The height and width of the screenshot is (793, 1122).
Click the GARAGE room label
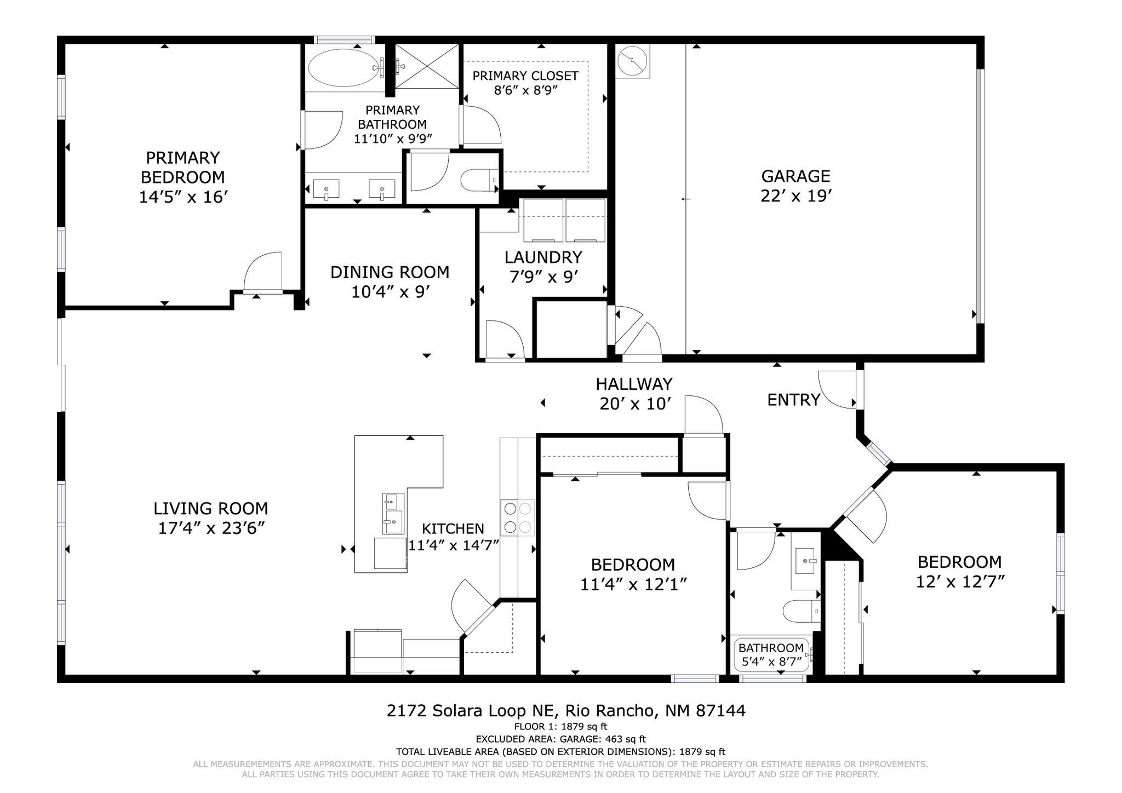pos(795,176)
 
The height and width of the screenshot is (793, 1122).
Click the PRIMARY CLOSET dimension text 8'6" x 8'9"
pos(525,90)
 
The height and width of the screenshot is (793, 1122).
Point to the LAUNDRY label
pos(543,257)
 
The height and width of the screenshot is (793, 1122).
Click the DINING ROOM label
pos(390,272)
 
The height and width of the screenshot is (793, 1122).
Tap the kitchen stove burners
pos(518,518)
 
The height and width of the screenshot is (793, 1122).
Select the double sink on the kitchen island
pos(393,513)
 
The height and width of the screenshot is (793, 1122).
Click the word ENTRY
pos(793,400)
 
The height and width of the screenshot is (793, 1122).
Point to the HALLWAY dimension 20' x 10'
pos(635,404)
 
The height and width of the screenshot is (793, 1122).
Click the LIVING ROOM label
pos(211,509)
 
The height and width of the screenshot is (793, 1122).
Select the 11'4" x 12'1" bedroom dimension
pos(633,584)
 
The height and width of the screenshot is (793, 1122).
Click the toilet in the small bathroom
pos(802,611)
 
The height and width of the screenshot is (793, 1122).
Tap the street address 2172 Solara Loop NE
pos(472,711)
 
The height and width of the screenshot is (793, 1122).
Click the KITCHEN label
pos(453,529)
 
